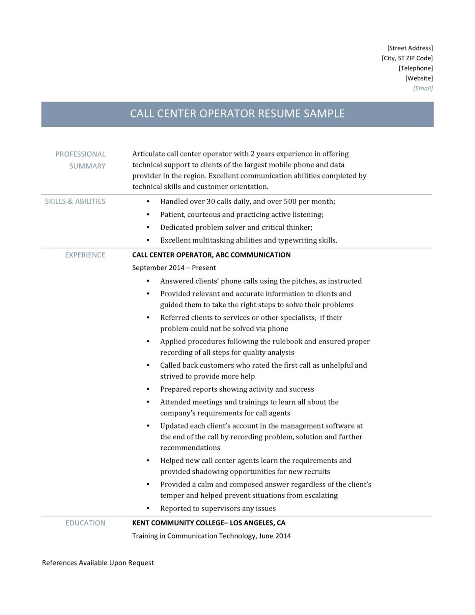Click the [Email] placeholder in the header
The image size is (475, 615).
(423, 88)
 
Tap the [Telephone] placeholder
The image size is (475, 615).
(415, 68)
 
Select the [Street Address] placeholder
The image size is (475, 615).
(410, 48)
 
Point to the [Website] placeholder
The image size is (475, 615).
(419, 78)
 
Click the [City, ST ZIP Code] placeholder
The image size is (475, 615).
(407, 58)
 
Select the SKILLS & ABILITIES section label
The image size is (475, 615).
(75, 201)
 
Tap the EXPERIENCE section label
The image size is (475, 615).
(85, 255)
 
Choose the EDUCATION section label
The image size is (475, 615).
(85, 523)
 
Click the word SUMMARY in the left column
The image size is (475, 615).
(87, 166)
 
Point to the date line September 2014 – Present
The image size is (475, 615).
(174, 268)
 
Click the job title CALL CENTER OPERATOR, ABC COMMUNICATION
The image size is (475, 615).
(211, 255)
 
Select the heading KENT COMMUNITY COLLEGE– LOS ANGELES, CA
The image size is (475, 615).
(209, 523)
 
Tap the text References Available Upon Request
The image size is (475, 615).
(98, 563)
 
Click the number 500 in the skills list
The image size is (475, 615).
(290, 201)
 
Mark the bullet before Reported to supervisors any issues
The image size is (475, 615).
(148, 509)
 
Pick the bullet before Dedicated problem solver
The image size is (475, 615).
(148, 228)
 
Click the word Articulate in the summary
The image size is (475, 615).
(149, 154)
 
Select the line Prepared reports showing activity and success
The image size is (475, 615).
(237, 389)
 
